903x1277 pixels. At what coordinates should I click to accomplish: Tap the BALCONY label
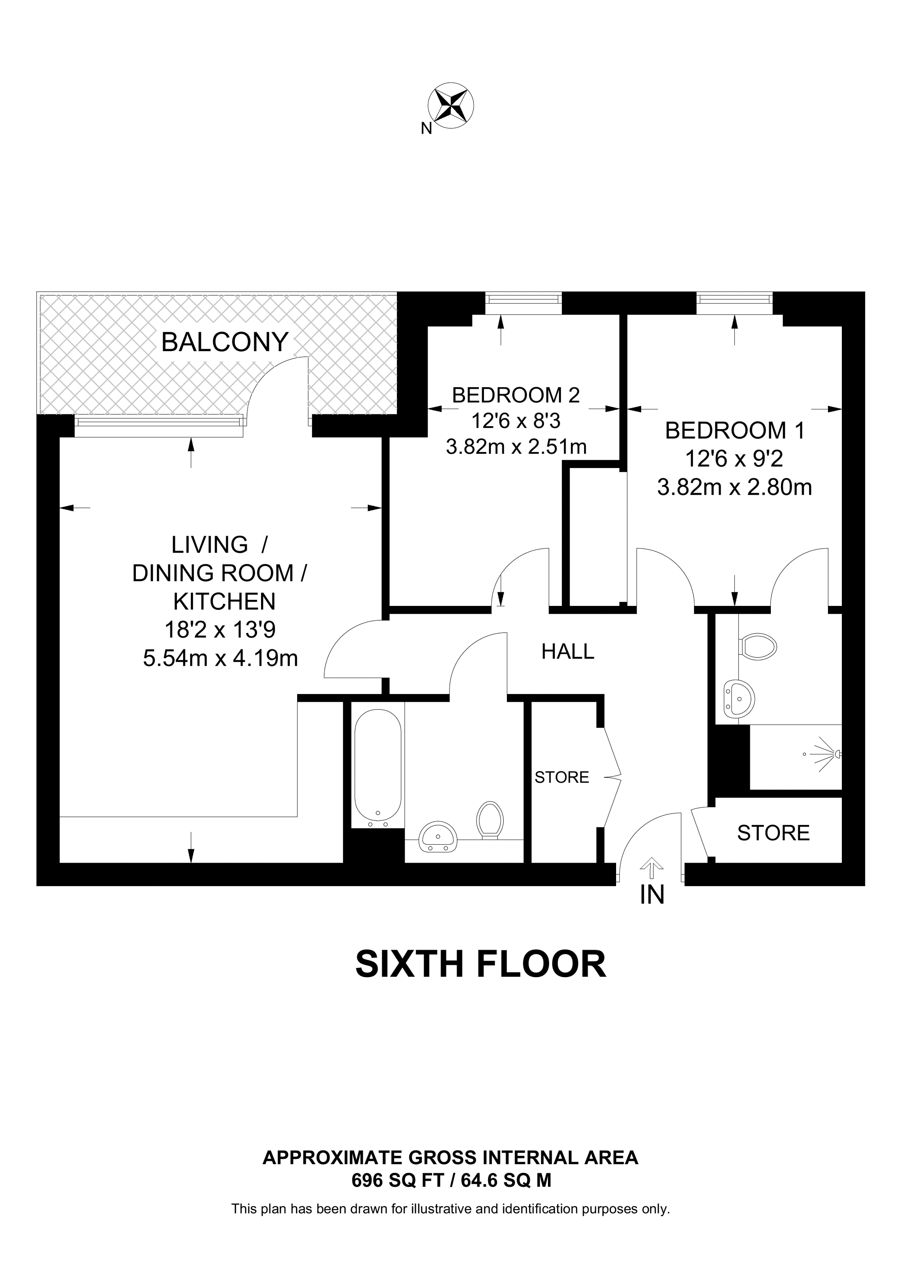point(225,342)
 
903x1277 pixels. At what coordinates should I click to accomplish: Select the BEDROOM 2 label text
point(516,395)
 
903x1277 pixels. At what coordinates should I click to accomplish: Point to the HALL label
point(568,651)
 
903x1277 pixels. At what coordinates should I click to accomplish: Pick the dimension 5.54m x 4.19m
point(220,658)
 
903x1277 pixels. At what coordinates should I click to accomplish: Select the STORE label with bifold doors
point(562,777)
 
